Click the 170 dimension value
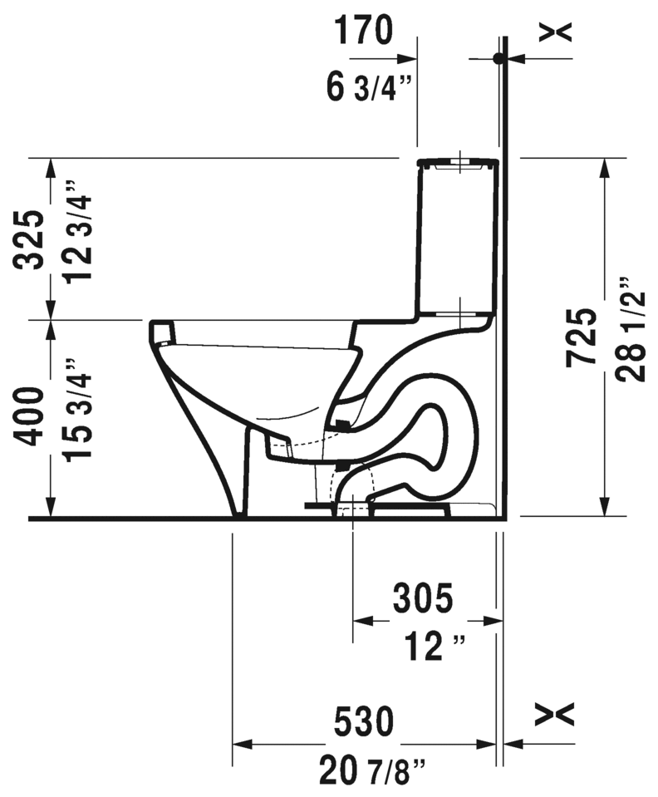[x=363, y=30]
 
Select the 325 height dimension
[x=29, y=239]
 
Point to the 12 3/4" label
[x=77, y=231]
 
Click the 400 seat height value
[x=29, y=417]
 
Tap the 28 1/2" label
[x=631, y=329]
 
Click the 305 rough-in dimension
[x=423, y=598]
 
